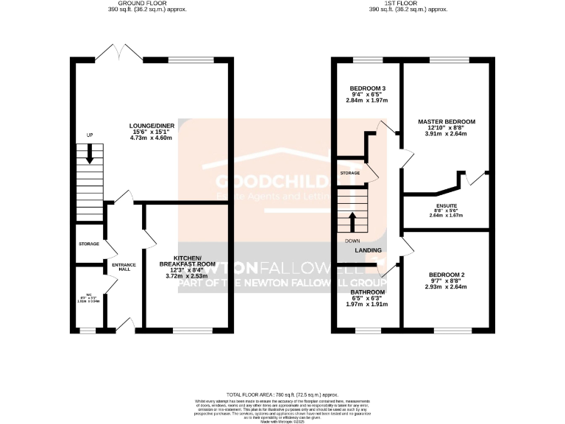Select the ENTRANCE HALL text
coord(120,267)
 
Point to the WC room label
coord(88,295)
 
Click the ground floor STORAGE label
coord(89,244)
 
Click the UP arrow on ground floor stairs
coord(90,153)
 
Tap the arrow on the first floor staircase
coord(351,222)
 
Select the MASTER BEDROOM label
coord(447,121)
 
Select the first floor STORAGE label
coord(350,173)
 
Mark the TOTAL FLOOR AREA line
coord(282,395)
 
